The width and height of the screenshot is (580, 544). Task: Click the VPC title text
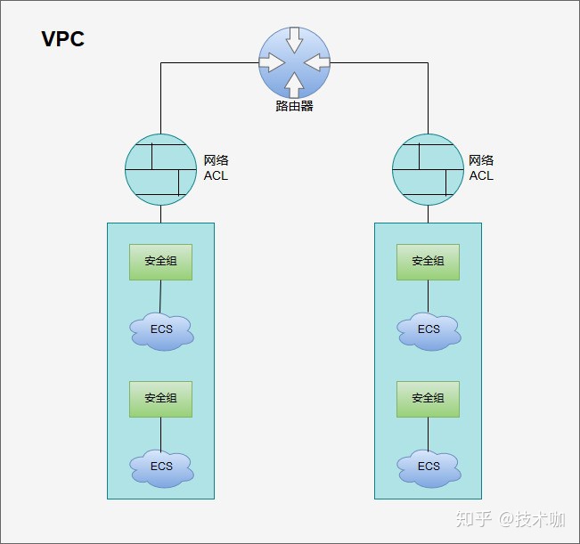point(63,39)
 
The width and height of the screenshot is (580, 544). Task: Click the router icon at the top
point(294,62)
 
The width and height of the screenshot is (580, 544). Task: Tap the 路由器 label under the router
point(294,106)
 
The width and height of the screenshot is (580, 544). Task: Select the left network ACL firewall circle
point(160,168)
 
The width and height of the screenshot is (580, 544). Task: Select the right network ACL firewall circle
point(428,168)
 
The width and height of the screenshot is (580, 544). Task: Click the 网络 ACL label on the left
point(216,168)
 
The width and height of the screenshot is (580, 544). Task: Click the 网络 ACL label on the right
point(481,168)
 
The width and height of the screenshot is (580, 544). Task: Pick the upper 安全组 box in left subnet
point(160,262)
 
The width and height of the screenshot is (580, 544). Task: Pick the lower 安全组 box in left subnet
point(160,398)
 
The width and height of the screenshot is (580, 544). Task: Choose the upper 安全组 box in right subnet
point(428,262)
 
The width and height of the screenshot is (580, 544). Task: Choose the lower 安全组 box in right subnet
point(428,398)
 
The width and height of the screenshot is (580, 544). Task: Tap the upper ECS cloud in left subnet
point(161,330)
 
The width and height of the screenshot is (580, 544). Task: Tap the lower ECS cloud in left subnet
point(161,467)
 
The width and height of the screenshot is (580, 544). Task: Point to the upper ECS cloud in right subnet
point(429,330)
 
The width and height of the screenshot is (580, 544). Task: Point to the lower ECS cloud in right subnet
point(429,467)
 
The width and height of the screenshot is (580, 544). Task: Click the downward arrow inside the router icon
point(294,41)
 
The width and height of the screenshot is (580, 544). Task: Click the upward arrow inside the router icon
point(294,84)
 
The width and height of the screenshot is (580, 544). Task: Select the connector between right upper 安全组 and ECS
point(428,296)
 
